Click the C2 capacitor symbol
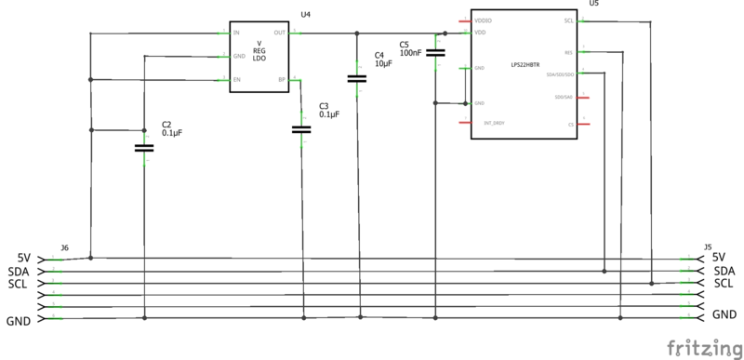(143, 147)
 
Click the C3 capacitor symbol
(300, 129)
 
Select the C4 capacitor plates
(357, 78)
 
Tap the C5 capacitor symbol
(435, 54)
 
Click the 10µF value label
(384, 64)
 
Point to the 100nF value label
(414, 54)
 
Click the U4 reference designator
(306, 15)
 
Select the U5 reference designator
(594, 4)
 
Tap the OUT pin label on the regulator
(280, 33)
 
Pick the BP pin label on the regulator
(282, 80)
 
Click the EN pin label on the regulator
(237, 80)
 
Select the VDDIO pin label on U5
(483, 20)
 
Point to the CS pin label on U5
(571, 123)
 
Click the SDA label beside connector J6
(20, 271)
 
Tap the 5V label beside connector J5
(718, 258)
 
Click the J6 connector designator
(64, 247)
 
